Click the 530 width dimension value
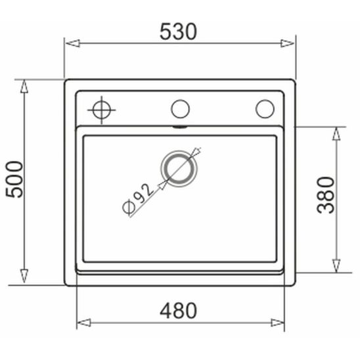coord(178,30)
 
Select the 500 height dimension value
coord(14,179)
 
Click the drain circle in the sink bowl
coord(181,167)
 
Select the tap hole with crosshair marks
coord(102,109)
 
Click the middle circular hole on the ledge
coord(181,108)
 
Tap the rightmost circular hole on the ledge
coord(265,108)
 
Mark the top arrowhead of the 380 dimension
coord(336,133)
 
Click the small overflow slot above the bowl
coord(181,125)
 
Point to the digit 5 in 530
coord(166,30)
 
